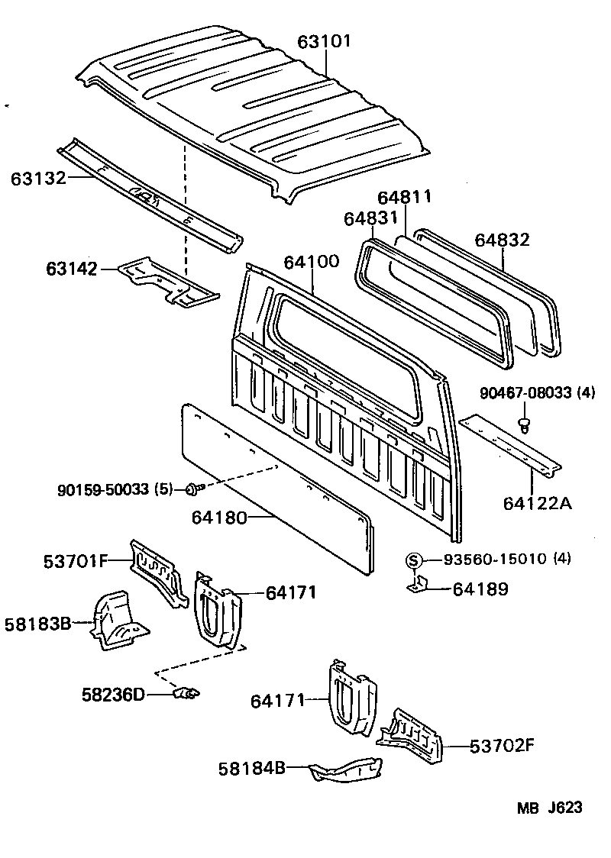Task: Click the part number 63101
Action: (324, 40)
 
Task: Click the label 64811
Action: (405, 197)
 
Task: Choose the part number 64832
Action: (502, 240)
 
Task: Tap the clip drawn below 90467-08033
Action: (524, 424)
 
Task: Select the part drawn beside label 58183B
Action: (118, 620)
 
